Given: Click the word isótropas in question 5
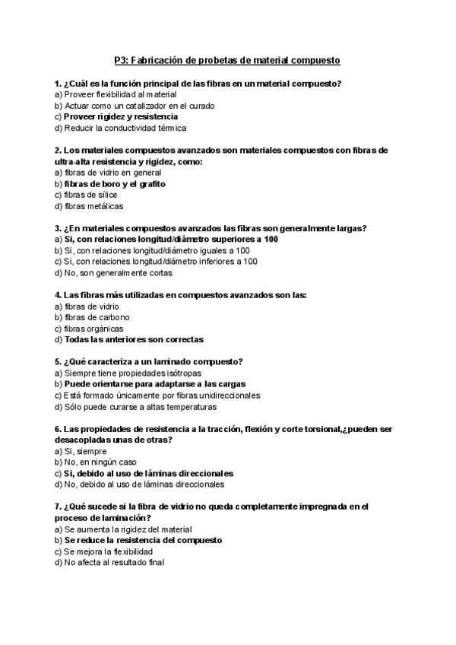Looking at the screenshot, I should [179, 373].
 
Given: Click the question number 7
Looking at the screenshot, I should [58, 507].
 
